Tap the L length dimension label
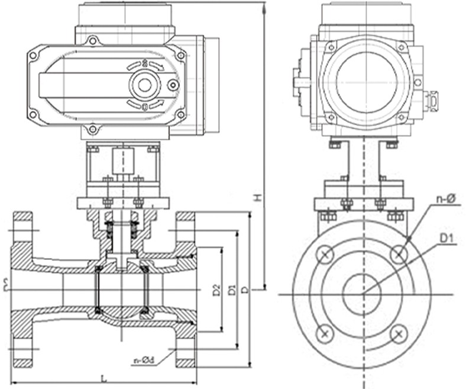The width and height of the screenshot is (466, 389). tap(104, 377)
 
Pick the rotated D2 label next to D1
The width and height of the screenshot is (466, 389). tap(216, 290)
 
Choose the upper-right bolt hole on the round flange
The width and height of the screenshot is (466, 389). tap(400, 254)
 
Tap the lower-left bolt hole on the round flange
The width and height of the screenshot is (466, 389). tap(325, 334)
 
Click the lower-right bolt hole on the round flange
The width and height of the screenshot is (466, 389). tap(400, 334)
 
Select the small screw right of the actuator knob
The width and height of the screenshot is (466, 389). tap(173, 85)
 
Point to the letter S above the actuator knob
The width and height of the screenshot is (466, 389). tap(145, 62)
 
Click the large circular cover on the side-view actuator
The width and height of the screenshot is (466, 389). tap(366, 81)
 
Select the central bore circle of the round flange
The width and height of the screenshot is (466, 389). tap(363, 294)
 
